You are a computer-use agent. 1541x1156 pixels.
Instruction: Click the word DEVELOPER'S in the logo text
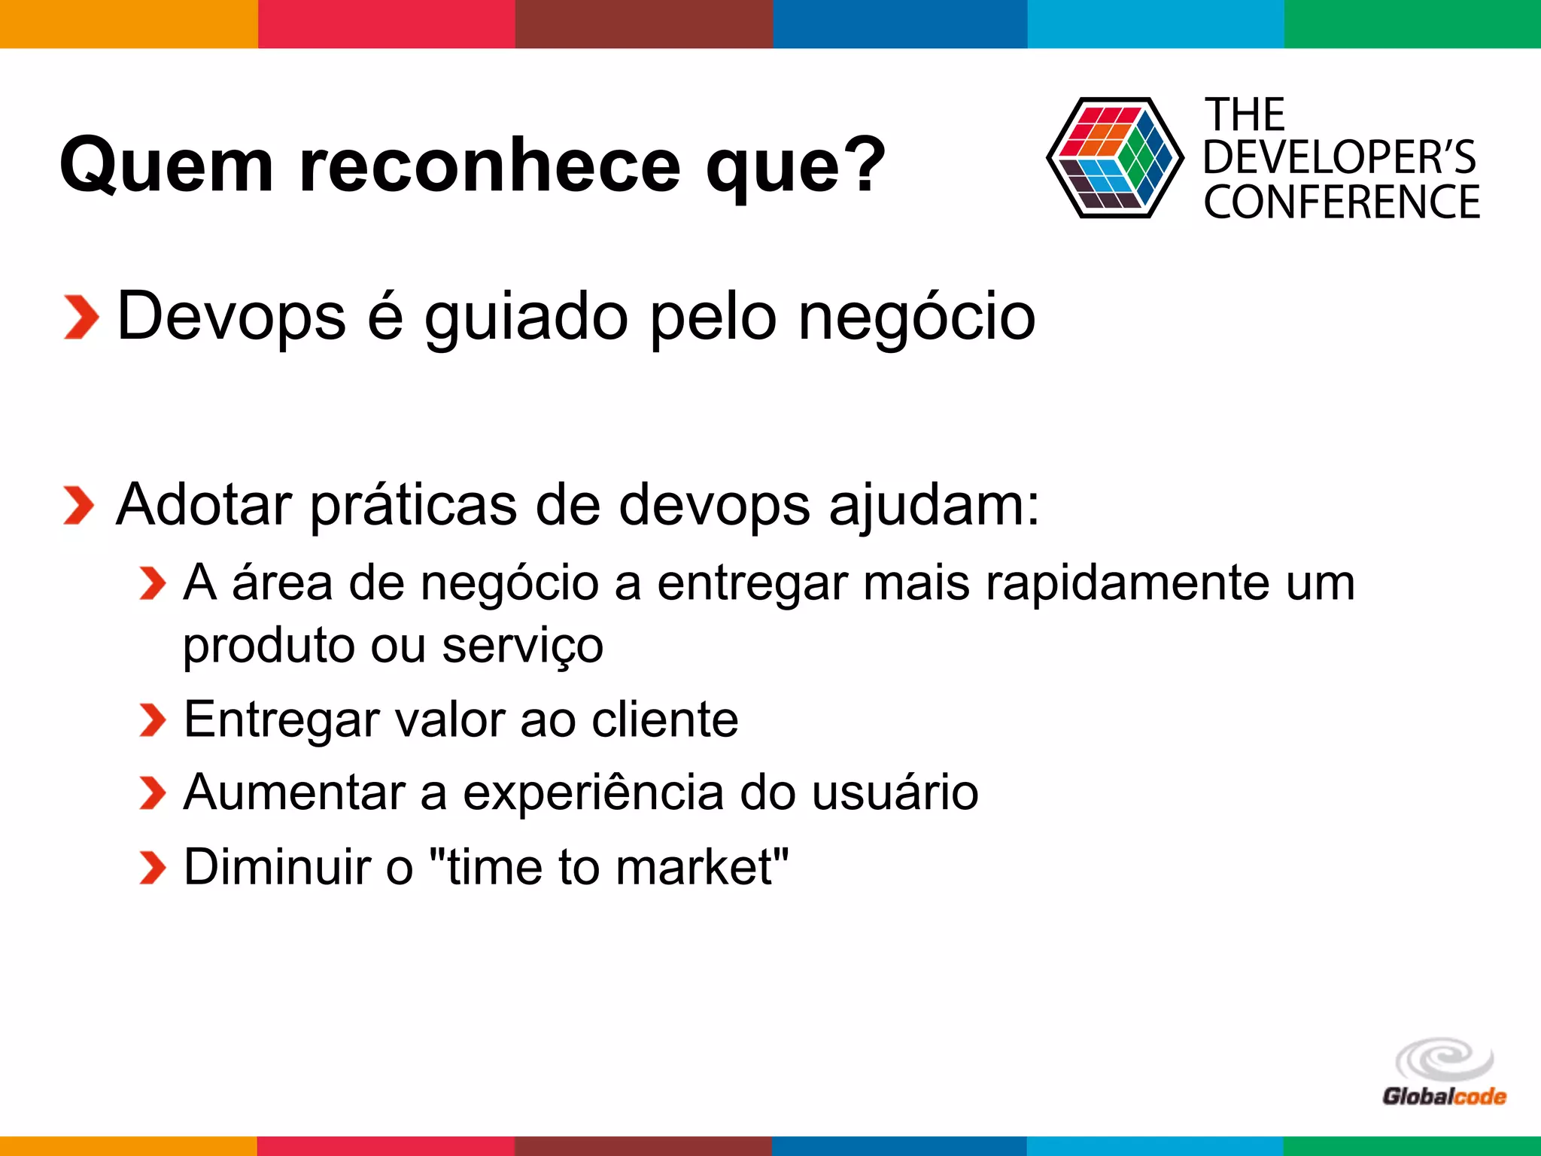(x=1339, y=158)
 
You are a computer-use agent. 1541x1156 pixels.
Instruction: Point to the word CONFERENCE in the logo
(x=1342, y=202)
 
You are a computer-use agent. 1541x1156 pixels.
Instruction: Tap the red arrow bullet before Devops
(x=81, y=318)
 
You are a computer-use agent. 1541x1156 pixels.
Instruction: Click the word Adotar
(x=203, y=505)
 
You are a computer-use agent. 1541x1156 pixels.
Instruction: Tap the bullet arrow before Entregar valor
(x=152, y=720)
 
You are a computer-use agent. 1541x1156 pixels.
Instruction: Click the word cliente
(x=664, y=719)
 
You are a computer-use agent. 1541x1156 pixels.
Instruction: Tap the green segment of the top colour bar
(x=1412, y=23)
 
